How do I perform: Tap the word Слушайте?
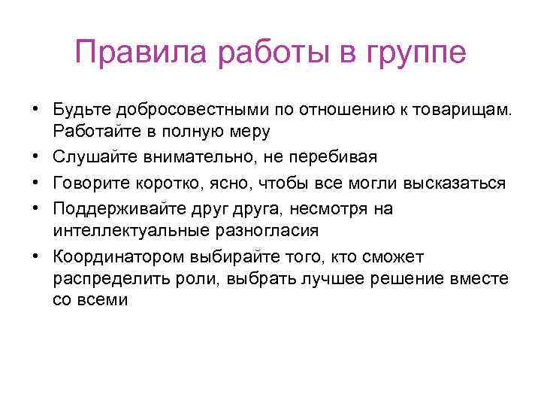tap(92, 157)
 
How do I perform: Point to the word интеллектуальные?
tap(124, 229)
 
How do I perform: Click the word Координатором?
tap(111, 256)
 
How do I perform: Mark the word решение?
tap(415, 278)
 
